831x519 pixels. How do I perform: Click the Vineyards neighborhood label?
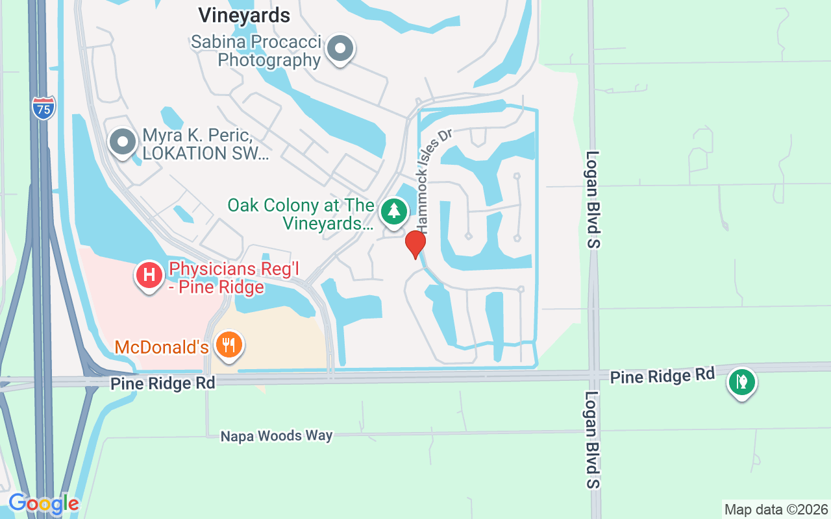click(x=244, y=14)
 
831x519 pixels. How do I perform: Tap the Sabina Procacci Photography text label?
click(x=256, y=51)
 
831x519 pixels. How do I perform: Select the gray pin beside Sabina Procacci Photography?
click(x=340, y=49)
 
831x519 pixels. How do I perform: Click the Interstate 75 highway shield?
click(x=43, y=108)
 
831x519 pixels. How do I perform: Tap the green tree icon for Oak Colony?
click(x=393, y=211)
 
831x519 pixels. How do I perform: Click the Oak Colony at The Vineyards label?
click(x=301, y=215)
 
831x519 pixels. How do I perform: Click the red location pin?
click(x=415, y=245)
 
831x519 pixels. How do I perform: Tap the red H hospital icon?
click(x=149, y=275)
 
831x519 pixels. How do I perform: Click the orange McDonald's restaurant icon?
click(x=228, y=344)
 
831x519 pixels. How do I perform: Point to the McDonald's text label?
click(x=162, y=347)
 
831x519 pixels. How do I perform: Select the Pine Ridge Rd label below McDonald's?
click(x=162, y=383)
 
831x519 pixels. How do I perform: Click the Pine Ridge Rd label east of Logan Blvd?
click(x=662, y=375)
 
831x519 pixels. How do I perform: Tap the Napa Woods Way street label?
click(x=277, y=436)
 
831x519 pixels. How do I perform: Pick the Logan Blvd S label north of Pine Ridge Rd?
click(x=593, y=199)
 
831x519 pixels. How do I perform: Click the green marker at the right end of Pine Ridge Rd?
click(x=741, y=381)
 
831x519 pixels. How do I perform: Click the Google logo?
click(x=43, y=503)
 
